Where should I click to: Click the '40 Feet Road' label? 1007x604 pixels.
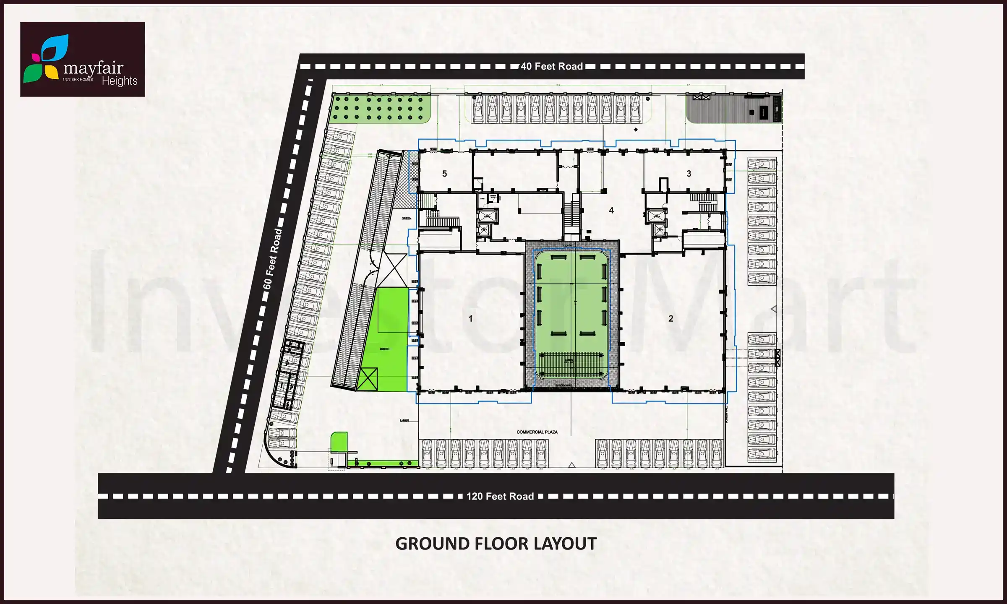(x=551, y=66)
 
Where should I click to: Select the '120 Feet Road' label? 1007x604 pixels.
(x=500, y=496)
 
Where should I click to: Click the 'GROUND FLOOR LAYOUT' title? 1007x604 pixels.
(x=496, y=544)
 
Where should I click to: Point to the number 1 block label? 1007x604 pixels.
(x=470, y=319)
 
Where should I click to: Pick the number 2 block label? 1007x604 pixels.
(x=670, y=319)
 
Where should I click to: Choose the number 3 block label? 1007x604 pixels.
(x=689, y=174)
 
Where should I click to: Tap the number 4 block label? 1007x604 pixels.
(x=611, y=211)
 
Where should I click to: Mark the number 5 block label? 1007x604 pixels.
(x=444, y=174)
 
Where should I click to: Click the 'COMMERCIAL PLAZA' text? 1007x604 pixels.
(x=537, y=432)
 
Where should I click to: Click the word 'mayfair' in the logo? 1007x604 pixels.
(x=93, y=68)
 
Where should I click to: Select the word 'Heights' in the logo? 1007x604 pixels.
(x=120, y=81)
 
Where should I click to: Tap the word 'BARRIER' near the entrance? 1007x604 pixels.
(x=404, y=420)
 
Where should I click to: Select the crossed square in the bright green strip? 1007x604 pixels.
(x=367, y=379)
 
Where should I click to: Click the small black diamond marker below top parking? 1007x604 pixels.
(x=636, y=130)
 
